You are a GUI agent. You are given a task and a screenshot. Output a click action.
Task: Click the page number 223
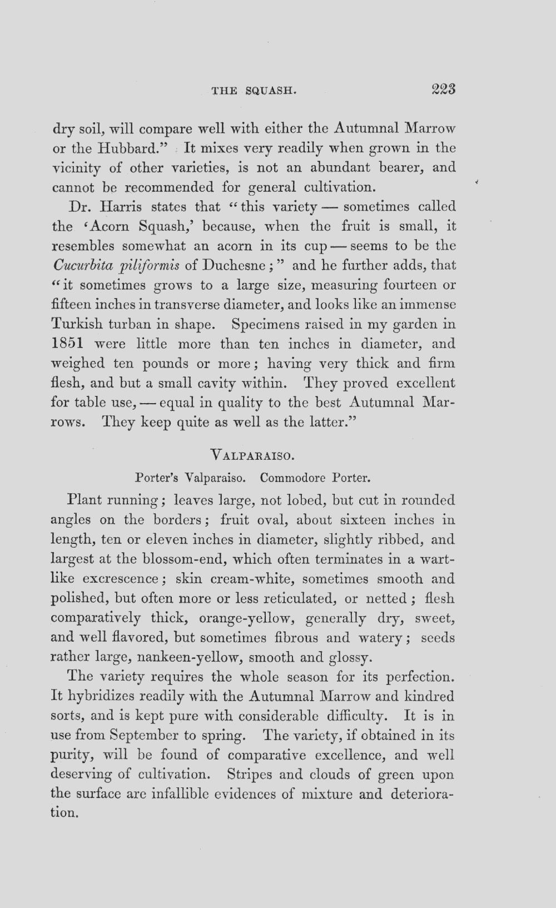tap(443, 90)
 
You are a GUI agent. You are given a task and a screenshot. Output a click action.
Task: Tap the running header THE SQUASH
tap(252, 91)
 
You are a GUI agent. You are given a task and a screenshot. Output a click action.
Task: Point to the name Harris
tap(121, 207)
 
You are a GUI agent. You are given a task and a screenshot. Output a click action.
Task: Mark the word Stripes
tap(250, 774)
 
